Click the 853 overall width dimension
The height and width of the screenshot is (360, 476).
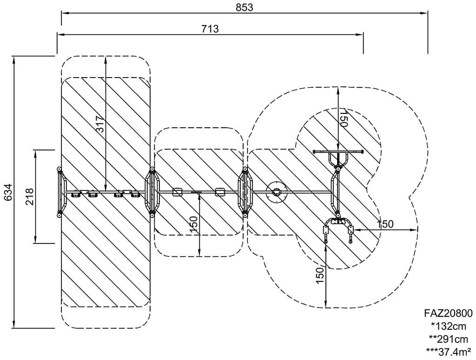(x=245, y=7)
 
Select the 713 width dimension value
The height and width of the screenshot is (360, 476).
(x=210, y=29)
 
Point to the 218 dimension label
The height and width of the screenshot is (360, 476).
(x=29, y=196)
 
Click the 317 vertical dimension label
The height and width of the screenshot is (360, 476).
(x=100, y=124)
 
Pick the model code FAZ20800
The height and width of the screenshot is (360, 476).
(x=449, y=313)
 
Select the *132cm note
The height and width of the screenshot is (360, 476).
(x=449, y=326)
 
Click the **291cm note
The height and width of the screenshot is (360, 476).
(x=449, y=339)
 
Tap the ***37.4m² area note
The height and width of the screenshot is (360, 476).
(x=449, y=351)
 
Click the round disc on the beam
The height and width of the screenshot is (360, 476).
(x=276, y=192)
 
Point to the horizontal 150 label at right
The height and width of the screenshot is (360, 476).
(x=385, y=224)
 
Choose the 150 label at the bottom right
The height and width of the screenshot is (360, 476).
(x=320, y=275)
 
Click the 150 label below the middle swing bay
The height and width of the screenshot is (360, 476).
(x=193, y=225)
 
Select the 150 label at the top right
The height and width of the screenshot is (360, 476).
(x=343, y=118)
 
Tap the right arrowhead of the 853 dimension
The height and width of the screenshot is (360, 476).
(x=424, y=13)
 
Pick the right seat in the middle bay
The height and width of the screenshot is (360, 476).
(x=220, y=192)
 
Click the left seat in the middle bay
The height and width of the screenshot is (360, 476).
(x=177, y=192)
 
